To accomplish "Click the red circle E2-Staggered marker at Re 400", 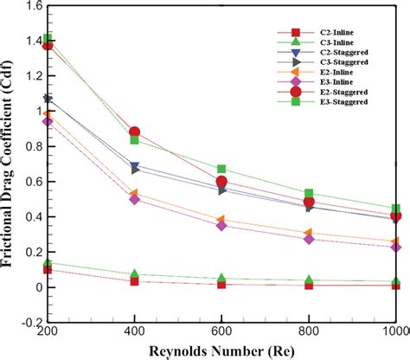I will coord(134,132).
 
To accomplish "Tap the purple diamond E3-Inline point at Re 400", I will coord(134,199).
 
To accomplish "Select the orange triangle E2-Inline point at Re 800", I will coord(309,233).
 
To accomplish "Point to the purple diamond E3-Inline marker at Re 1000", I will coord(395,247).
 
